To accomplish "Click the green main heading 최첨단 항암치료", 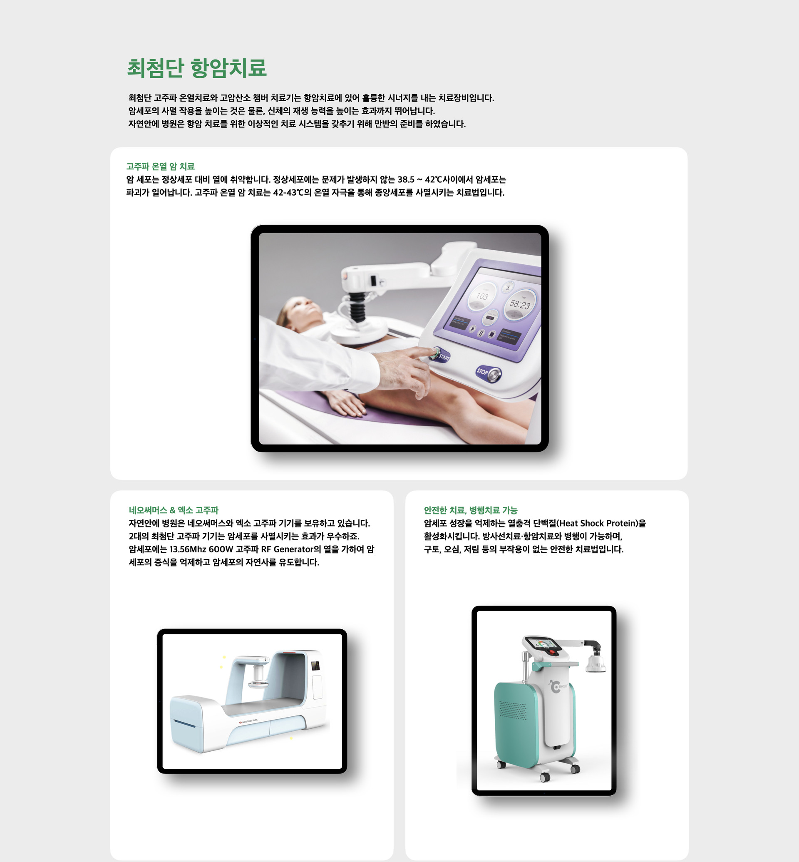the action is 197,68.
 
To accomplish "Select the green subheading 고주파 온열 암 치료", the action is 160,166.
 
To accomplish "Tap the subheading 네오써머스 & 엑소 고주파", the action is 174,510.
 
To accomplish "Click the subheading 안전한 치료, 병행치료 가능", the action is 470,510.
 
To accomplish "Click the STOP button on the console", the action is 489,373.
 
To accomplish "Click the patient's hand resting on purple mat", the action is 346,404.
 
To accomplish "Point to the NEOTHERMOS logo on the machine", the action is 248,721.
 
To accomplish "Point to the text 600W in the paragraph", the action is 221,549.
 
